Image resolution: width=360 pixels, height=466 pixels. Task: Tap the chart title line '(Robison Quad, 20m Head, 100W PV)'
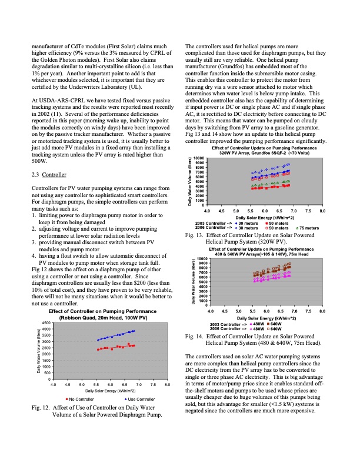[98, 318]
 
